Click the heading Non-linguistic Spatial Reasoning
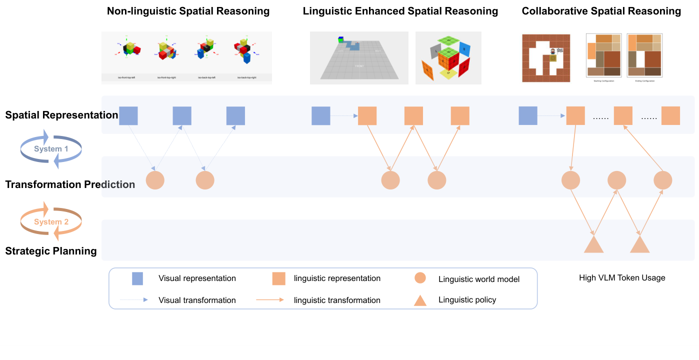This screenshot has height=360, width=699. click(188, 11)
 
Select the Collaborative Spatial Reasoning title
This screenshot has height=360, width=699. click(601, 11)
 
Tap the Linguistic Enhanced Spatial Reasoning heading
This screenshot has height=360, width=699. click(400, 11)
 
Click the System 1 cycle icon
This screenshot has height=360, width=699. click(51, 149)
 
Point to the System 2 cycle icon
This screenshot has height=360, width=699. click(51, 221)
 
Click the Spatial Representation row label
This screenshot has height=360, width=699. click(61, 115)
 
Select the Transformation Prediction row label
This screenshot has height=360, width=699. click(70, 184)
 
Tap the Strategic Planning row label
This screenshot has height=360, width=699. click(51, 251)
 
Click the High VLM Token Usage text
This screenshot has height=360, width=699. click(622, 278)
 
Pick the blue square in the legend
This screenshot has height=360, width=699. click(137, 278)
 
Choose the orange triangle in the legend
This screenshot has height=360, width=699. click(420, 300)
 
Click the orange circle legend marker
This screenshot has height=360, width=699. click(420, 278)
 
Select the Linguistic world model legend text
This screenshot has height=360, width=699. click(478, 279)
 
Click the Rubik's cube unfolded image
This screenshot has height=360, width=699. click(448, 58)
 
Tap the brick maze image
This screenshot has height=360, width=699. click(546, 58)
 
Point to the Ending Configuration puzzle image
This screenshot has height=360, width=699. click(644, 55)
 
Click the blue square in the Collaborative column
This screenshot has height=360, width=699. click(528, 115)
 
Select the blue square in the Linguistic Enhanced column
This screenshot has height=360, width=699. click(321, 115)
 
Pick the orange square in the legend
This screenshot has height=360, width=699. click(278, 278)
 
